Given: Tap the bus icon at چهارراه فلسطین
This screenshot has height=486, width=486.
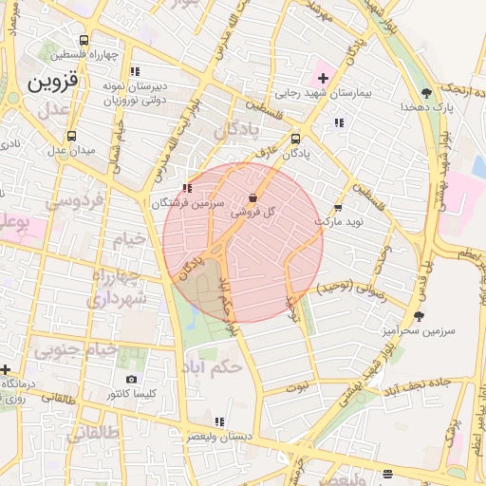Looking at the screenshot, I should pyautogui.click(x=84, y=41).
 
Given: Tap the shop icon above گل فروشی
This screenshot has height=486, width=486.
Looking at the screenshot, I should pyautogui.click(x=252, y=198).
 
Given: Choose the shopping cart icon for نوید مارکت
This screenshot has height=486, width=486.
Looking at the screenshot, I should pyautogui.click(x=338, y=208).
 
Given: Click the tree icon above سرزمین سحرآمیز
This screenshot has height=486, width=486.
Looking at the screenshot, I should pyautogui.click(x=419, y=316).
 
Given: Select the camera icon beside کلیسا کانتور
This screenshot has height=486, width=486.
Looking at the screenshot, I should pyautogui.click(x=131, y=380).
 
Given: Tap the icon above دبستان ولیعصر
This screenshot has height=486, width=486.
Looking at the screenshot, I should pyautogui.click(x=220, y=421).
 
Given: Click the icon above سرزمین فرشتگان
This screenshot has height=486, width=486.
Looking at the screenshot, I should pyautogui.click(x=186, y=188).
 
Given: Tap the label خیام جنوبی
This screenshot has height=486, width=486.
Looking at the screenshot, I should pyautogui.click(x=76, y=350).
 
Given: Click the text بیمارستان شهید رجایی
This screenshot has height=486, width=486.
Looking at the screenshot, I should pyautogui.click(x=321, y=93).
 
